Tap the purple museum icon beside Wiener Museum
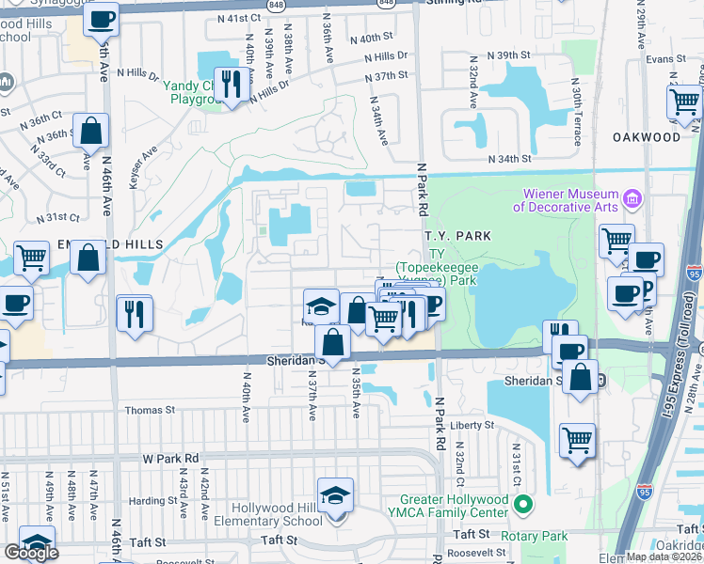(x=632, y=198)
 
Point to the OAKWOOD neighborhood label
(x=647, y=137)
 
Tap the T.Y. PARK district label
(x=456, y=236)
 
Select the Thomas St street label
(x=151, y=410)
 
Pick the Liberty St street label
(x=472, y=425)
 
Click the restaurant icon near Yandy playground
(x=229, y=83)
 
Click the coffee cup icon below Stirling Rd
(x=101, y=17)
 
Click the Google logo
(x=31, y=552)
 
